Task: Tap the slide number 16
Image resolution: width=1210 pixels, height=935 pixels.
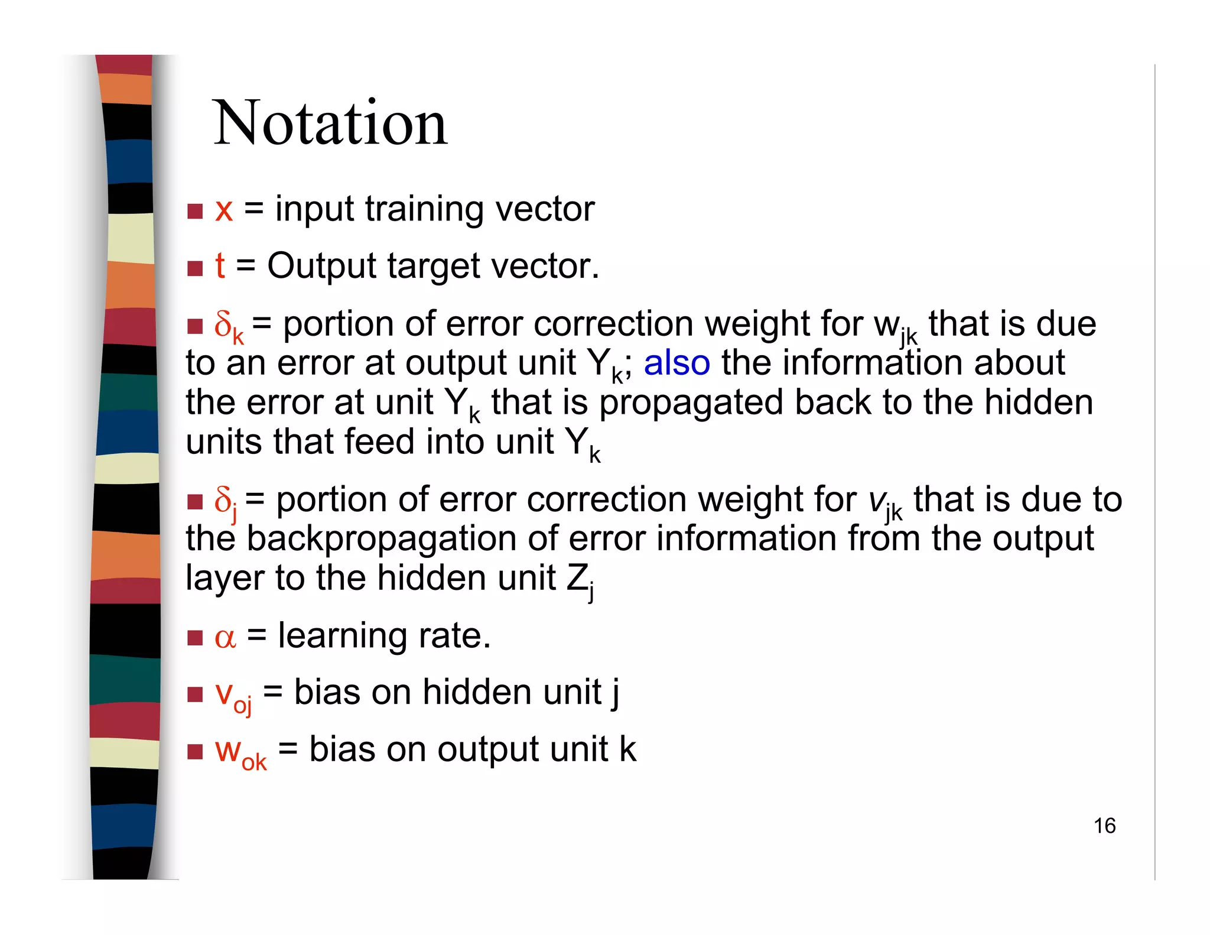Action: coord(1104,826)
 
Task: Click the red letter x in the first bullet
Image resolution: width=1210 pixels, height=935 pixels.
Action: coord(224,210)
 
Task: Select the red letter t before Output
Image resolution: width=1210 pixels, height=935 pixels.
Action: coord(220,266)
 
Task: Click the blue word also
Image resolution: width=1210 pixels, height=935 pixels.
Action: coord(676,363)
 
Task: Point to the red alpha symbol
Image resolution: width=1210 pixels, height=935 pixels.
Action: coord(225,638)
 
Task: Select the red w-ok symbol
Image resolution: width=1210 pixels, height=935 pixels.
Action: coord(240,752)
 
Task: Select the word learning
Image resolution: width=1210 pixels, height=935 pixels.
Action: coord(343,636)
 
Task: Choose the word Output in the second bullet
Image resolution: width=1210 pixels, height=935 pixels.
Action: coord(321,266)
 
